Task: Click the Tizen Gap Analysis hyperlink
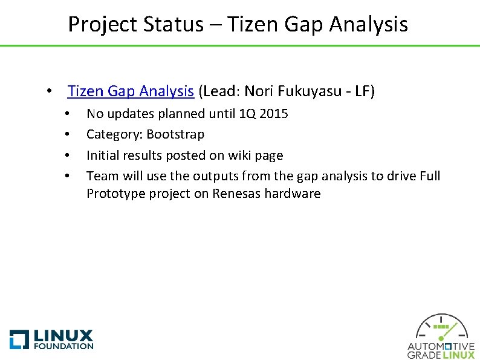[131, 91]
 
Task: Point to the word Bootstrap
[175, 134]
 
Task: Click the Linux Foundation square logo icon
[19, 339]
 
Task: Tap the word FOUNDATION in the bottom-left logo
[63, 346]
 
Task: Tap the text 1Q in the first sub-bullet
[248, 113]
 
